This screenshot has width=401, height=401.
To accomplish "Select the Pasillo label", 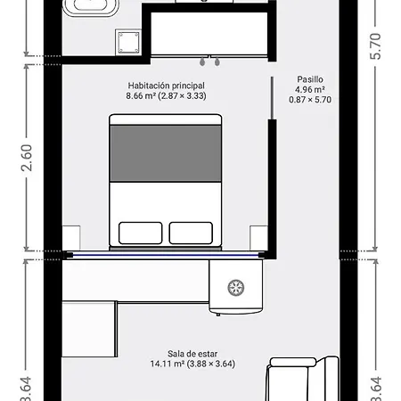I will (309, 79).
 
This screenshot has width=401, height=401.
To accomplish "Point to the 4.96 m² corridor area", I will (309, 90).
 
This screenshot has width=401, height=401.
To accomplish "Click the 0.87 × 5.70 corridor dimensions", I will (309, 100).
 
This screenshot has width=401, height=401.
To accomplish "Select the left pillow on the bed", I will (140, 233).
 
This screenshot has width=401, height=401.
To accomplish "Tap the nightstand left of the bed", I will (71, 237).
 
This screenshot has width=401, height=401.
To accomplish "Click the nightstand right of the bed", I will (259, 237).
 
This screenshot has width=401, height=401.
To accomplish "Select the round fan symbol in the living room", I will (236, 287).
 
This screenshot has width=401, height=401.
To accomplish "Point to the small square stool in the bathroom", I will (127, 40).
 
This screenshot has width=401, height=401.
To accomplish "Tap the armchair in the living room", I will (303, 380).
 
